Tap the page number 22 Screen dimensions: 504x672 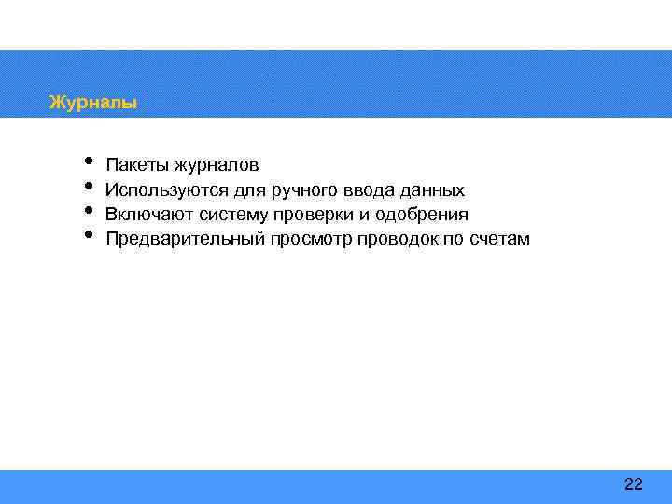[633, 483]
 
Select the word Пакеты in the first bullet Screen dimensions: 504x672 [134, 166]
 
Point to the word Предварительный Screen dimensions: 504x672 [186, 239]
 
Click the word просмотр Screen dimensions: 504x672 [309, 239]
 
